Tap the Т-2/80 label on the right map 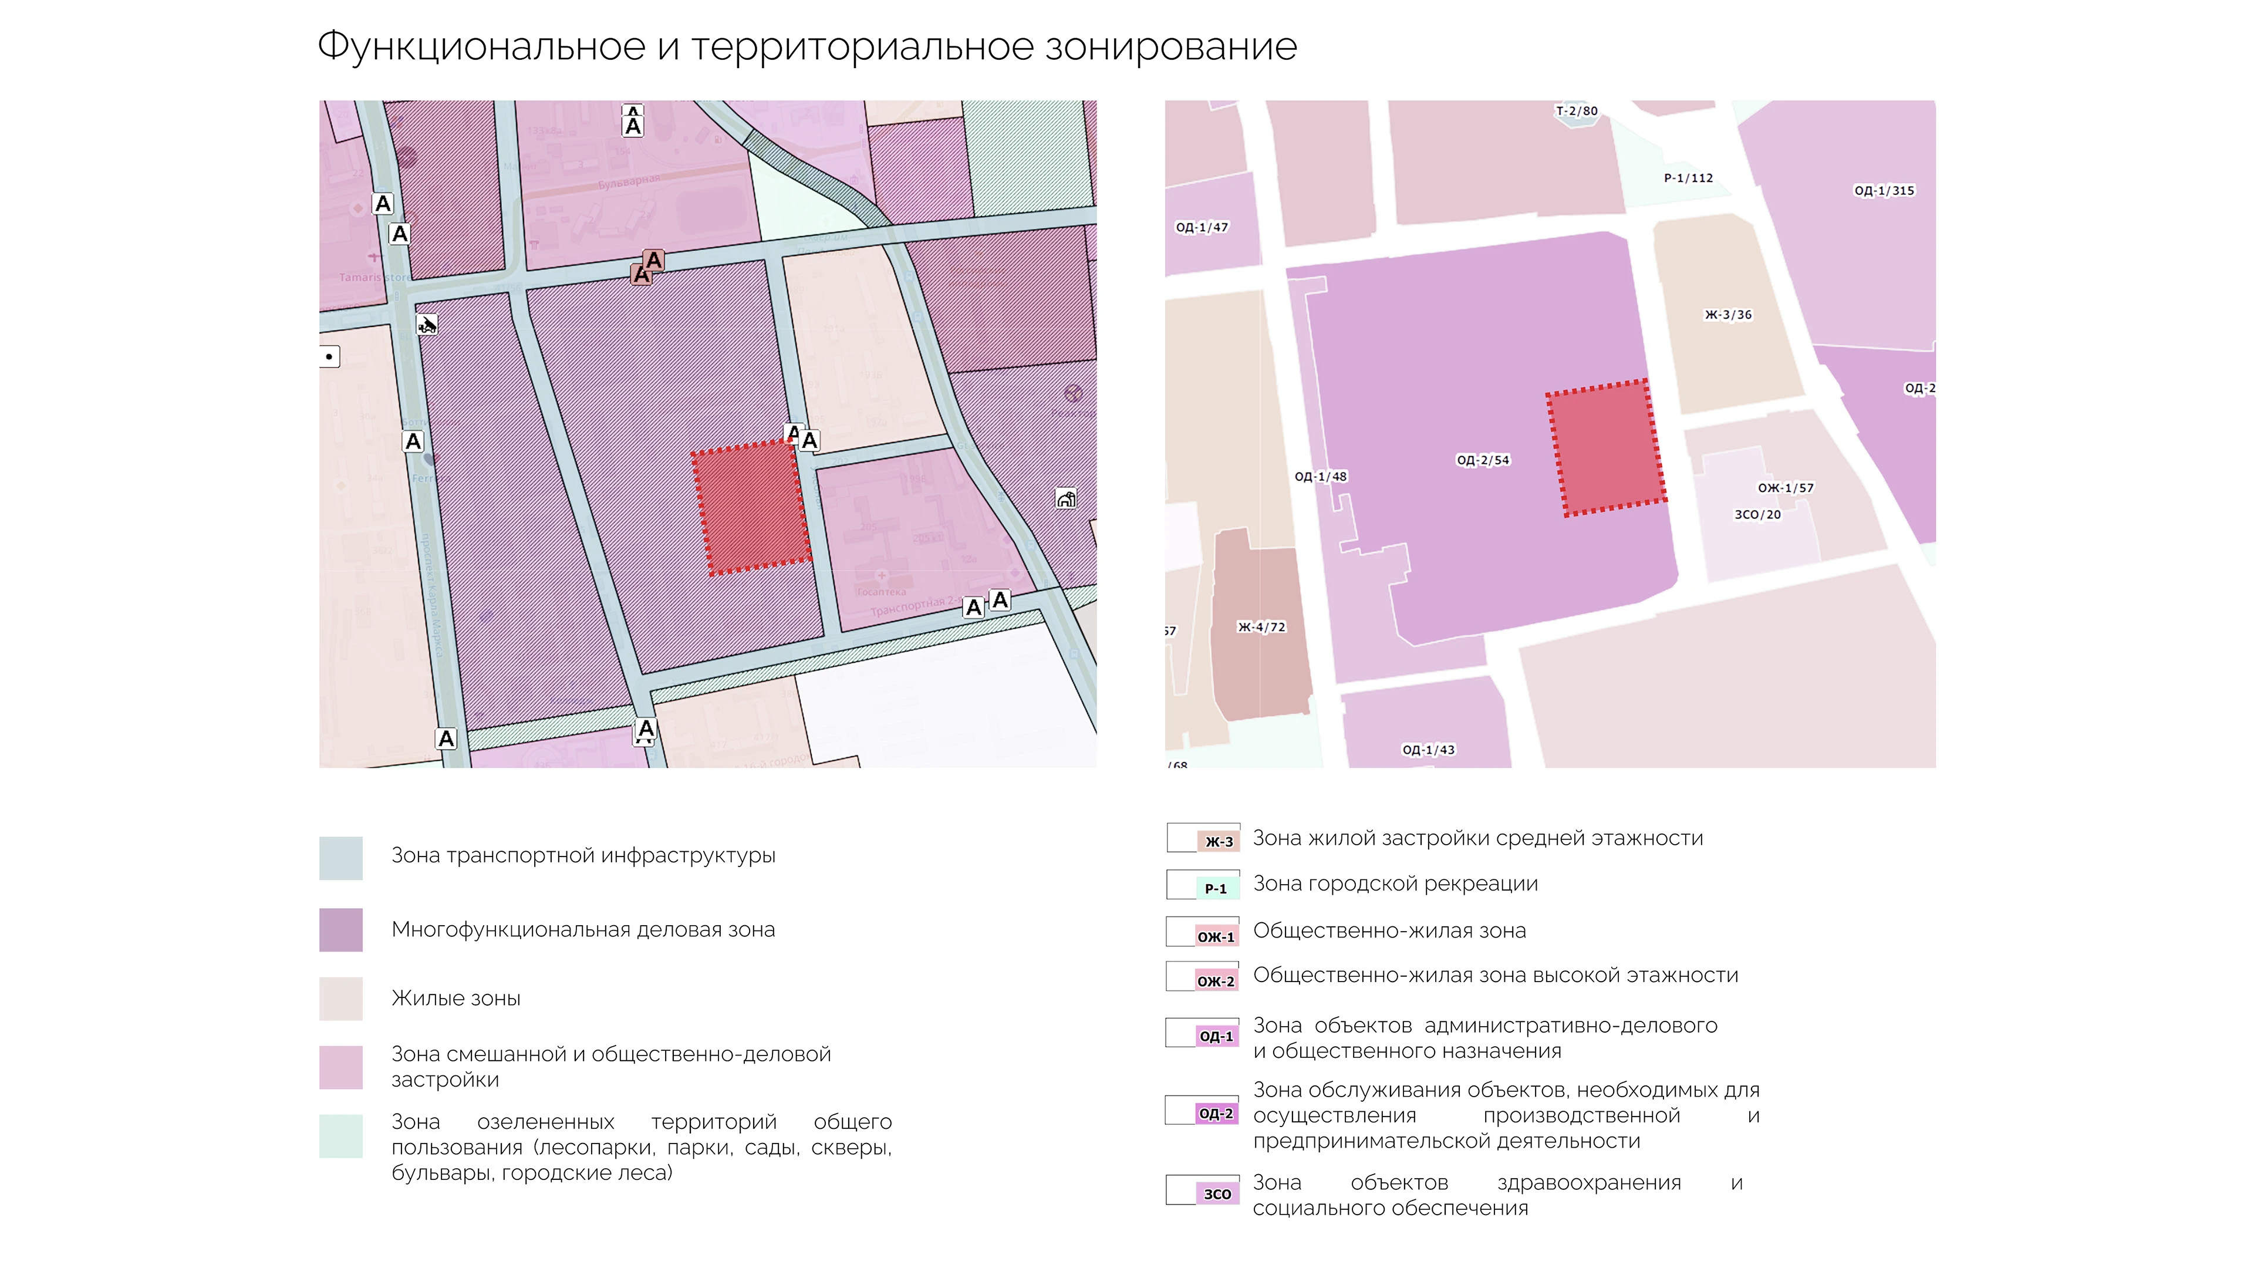click(x=1576, y=111)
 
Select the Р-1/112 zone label click(x=1688, y=178)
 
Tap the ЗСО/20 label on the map click(x=1757, y=515)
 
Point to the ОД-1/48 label click(x=1320, y=476)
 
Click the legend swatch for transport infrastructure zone click(x=340, y=858)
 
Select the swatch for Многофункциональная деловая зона click(x=340, y=929)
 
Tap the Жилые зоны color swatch click(x=340, y=999)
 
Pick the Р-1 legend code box click(x=1216, y=888)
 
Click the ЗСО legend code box click(x=1216, y=1193)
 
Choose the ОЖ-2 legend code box click(x=1216, y=981)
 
